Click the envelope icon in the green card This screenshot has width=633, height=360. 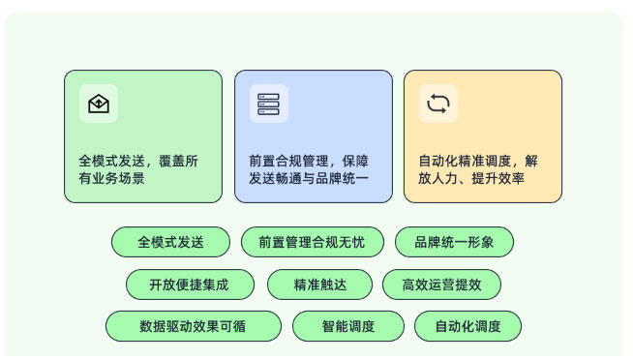tap(99, 104)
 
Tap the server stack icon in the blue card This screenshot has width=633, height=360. tap(268, 104)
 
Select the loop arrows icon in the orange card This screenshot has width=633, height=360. tap(438, 104)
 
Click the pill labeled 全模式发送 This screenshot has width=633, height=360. tap(170, 242)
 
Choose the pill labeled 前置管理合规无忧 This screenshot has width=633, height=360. tap(312, 242)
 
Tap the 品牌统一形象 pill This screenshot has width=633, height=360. tap(454, 242)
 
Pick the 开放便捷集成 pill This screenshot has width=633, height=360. tap(190, 285)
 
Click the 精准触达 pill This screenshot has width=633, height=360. tap(319, 285)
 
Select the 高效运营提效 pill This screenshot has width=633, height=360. tap(441, 285)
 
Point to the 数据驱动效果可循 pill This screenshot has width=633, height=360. tap(193, 326)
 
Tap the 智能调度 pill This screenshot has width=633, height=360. tap(348, 326)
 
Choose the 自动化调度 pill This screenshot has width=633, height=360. tap(467, 326)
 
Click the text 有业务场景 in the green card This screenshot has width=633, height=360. tap(112, 178)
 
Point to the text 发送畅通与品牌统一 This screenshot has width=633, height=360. tap(309, 178)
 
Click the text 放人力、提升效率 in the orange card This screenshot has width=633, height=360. tap(471, 178)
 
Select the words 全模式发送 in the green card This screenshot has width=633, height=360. tap(112, 161)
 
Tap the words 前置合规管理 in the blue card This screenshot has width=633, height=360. tap(288, 161)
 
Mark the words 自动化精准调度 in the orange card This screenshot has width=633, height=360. tap(465, 161)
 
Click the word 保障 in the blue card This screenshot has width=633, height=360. tap(355, 161)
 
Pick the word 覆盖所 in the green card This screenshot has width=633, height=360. tap(178, 161)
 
